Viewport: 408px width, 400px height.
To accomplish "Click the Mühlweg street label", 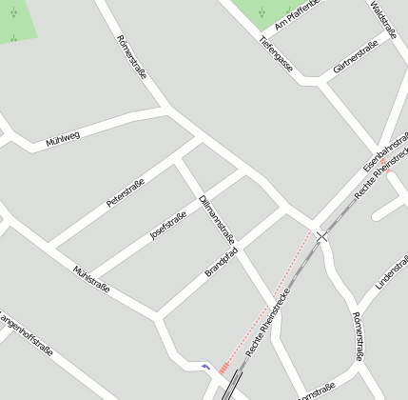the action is tap(63, 139).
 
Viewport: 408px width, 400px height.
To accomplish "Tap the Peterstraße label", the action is tap(125, 193).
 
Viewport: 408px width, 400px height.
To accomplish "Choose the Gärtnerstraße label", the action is tap(356, 57).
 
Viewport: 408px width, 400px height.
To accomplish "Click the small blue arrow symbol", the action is tap(206, 366).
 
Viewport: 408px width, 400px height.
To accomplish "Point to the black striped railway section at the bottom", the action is tap(231, 386).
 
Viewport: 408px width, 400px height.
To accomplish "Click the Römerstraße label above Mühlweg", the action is tap(130, 56).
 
